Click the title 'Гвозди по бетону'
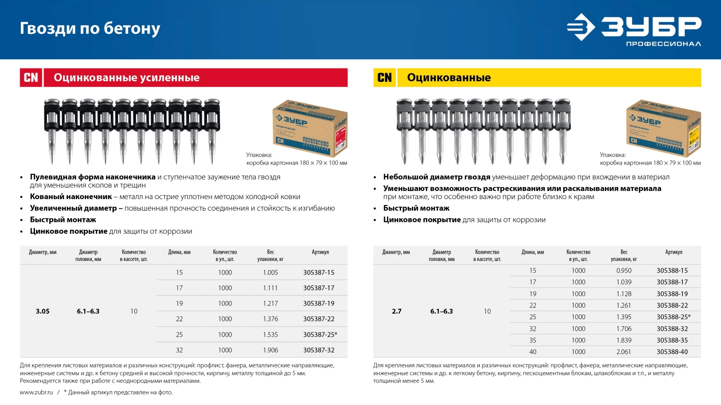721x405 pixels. click(x=90, y=28)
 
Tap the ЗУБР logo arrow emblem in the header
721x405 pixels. click(x=581, y=27)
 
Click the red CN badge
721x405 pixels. click(x=31, y=78)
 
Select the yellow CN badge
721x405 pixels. click(x=384, y=78)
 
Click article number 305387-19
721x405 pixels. click(x=318, y=303)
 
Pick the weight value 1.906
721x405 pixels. click(x=270, y=350)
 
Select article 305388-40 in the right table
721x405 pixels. click(x=672, y=352)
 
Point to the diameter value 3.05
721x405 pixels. click(x=42, y=311)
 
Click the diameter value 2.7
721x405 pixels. click(x=397, y=311)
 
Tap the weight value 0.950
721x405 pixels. click(x=624, y=270)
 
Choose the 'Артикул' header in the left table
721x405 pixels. click(x=320, y=252)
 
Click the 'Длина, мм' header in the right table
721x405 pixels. click(x=532, y=252)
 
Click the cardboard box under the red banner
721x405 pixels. click(x=310, y=127)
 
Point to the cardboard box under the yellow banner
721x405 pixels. click(x=663, y=127)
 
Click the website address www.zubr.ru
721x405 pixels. click(x=36, y=392)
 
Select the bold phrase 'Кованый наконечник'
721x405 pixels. click(x=71, y=196)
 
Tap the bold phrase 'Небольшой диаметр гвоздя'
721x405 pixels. click(x=436, y=177)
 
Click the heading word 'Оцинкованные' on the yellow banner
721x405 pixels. click(x=449, y=78)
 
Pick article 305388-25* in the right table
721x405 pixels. click(x=673, y=317)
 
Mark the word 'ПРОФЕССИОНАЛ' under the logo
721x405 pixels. click(x=663, y=44)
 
